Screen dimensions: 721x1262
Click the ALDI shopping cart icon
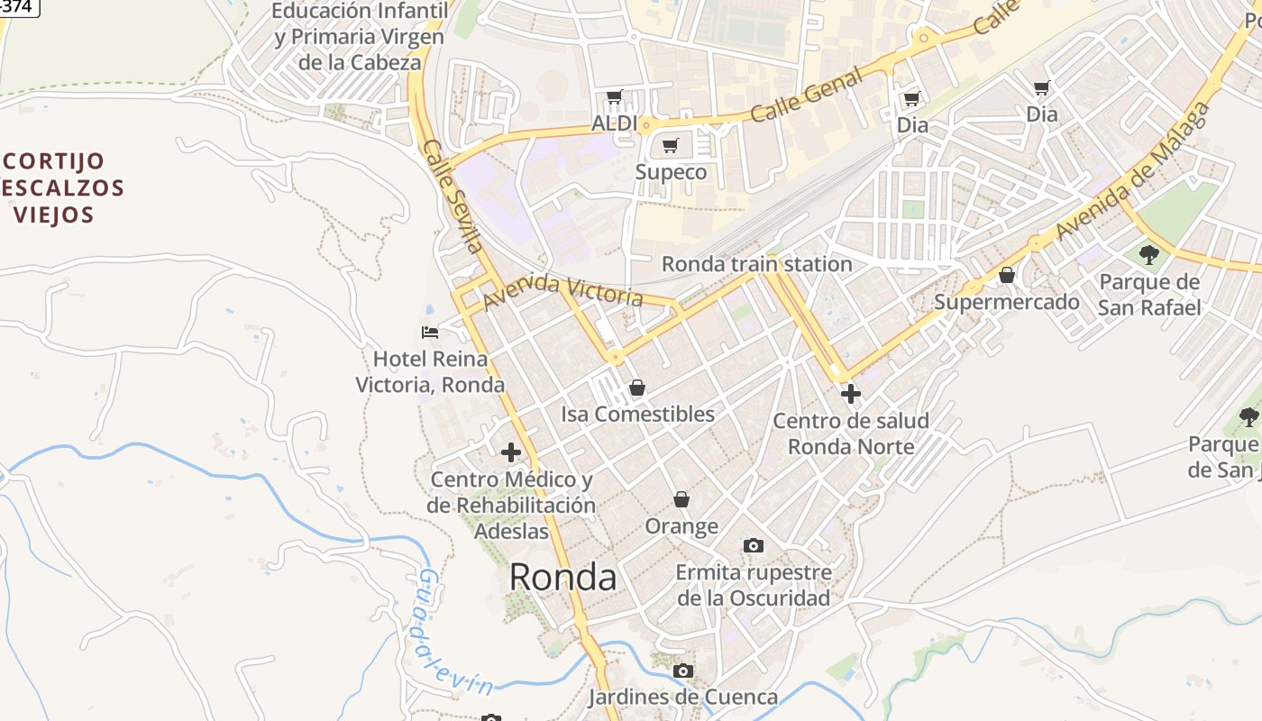click(x=615, y=96)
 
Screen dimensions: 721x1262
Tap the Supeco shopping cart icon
click(x=670, y=145)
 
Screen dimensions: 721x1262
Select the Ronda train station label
click(x=756, y=264)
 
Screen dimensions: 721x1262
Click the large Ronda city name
click(x=562, y=578)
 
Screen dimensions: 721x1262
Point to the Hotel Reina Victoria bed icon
click(x=430, y=333)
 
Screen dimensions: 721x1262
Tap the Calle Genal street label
click(x=805, y=96)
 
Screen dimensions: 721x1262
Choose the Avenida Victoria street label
click(x=563, y=289)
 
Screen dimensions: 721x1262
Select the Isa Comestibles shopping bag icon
click(x=637, y=388)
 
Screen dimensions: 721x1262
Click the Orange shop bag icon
click(x=681, y=499)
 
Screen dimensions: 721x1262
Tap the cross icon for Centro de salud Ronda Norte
click(x=850, y=394)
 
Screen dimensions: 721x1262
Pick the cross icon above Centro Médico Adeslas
click(x=511, y=452)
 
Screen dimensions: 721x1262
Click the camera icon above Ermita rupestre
click(x=753, y=545)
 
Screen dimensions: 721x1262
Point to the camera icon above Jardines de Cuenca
click(x=683, y=671)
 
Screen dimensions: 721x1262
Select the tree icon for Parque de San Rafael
click(x=1148, y=255)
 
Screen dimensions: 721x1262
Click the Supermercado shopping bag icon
click(x=1006, y=275)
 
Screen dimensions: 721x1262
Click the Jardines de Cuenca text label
click(x=682, y=697)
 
